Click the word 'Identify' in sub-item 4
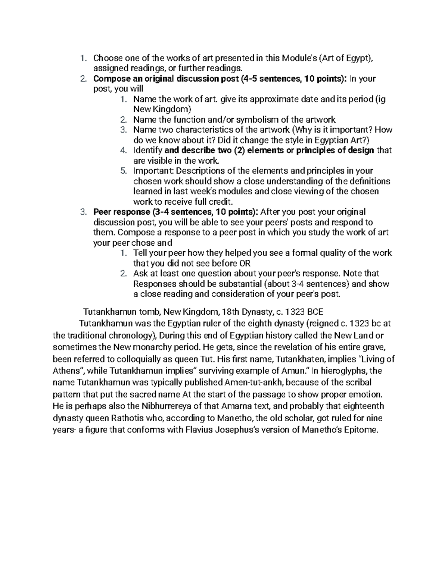(147, 150)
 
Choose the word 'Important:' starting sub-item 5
(153, 171)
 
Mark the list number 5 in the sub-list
(123, 171)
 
